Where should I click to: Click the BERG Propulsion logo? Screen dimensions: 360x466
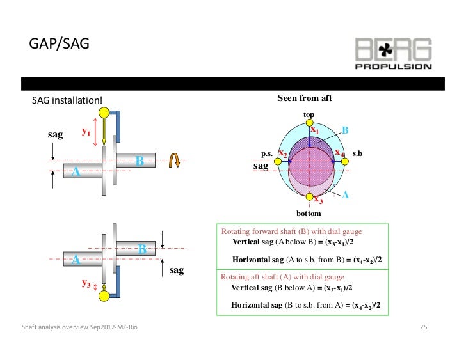393,53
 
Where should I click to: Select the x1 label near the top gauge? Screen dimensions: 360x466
315,130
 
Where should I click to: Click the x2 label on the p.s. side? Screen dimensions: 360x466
282,153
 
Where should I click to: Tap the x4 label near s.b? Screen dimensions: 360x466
339,153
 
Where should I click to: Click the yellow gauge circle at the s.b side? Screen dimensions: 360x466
346,162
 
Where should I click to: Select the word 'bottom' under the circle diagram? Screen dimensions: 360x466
309,213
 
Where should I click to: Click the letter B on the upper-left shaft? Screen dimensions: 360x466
139,161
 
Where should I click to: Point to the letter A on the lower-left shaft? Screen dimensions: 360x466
76,260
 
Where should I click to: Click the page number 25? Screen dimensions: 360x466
422,328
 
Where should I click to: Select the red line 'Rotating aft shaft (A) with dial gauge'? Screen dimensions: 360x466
282,277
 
